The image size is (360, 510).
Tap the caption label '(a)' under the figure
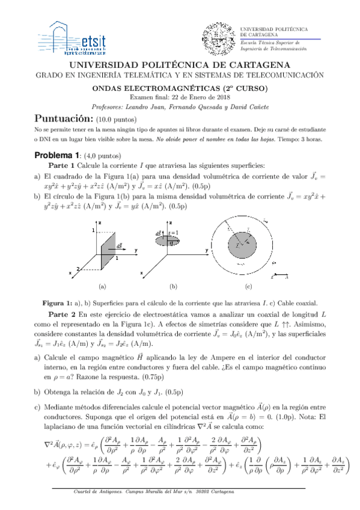(x=102, y=286)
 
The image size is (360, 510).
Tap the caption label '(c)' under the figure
(x=248, y=286)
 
